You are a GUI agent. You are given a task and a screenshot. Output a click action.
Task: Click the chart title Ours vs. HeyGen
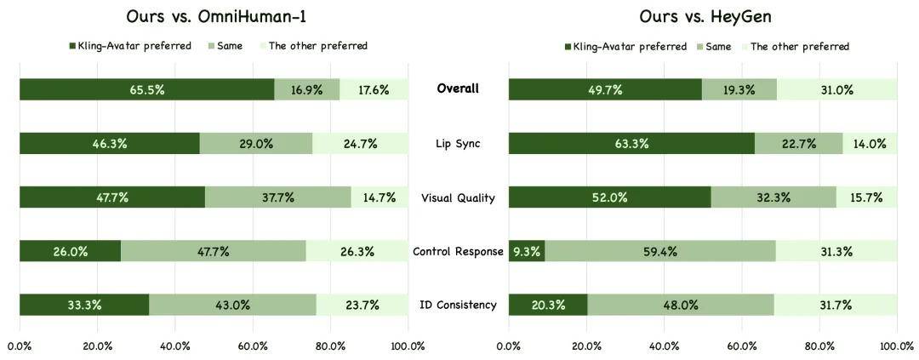pyautogui.click(x=702, y=16)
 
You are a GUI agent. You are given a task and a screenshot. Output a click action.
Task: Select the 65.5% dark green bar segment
pyautogui.click(x=146, y=89)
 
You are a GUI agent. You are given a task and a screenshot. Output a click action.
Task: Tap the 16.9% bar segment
pyautogui.click(x=306, y=89)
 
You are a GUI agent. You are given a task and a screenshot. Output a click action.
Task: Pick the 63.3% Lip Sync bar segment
pyautogui.click(x=631, y=143)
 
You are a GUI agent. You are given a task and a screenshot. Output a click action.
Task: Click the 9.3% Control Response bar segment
pyautogui.click(x=526, y=251)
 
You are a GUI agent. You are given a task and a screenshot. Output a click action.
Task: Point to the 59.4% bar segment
pyautogui.click(x=659, y=251)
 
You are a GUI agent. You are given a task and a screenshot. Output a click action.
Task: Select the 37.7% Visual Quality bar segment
pyautogui.click(x=277, y=197)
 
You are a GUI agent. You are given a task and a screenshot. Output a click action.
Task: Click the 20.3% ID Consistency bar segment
pyautogui.click(x=547, y=305)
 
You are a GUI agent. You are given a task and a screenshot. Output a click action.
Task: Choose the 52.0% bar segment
pyautogui.click(x=609, y=197)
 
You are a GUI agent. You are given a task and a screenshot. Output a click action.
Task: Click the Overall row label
pyautogui.click(x=457, y=89)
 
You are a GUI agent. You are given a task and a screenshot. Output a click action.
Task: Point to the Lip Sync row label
pyautogui.click(x=457, y=143)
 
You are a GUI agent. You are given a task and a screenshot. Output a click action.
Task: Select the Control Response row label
pyautogui.click(x=458, y=251)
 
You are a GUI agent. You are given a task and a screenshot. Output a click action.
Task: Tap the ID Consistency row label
pyautogui.click(x=458, y=305)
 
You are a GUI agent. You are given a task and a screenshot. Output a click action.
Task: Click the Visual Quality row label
pyautogui.click(x=458, y=197)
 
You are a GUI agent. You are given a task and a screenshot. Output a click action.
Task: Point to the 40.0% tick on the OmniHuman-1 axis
pyautogui.click(x=174, y=346)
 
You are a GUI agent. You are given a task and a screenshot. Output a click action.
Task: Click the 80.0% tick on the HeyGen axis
pyautogui.click(x=819, y=346)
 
